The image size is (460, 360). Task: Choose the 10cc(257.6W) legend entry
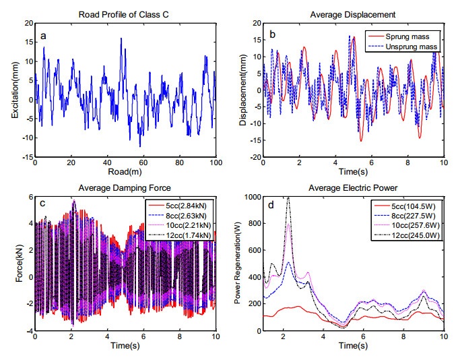[x=417, y=224]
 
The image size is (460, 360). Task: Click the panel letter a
[x=43, y=36]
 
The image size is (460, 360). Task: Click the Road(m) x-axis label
[x=124, y=173]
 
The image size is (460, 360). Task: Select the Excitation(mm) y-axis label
[x=14, y=89]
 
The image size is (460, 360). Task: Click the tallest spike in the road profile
[x=121, y=38]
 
